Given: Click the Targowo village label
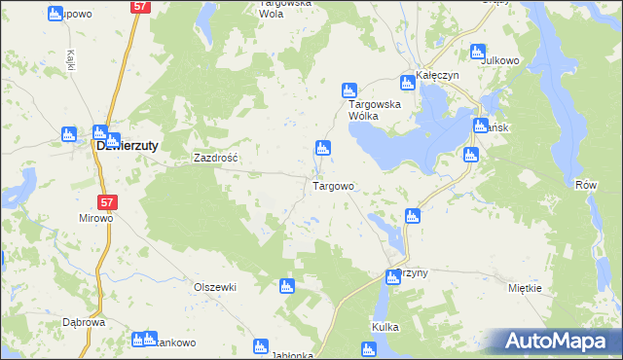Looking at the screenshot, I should [x=333, y=185].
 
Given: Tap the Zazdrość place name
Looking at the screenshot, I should [x=216, y=157].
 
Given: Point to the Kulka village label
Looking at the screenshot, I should [x=385, y=328].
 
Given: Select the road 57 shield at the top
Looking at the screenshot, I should [x=140, y=7].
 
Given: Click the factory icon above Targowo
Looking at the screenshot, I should [x=322, y=148].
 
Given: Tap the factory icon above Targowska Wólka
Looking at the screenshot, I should [x=348, y=90].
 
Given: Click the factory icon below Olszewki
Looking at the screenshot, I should [x=286, y=286].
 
